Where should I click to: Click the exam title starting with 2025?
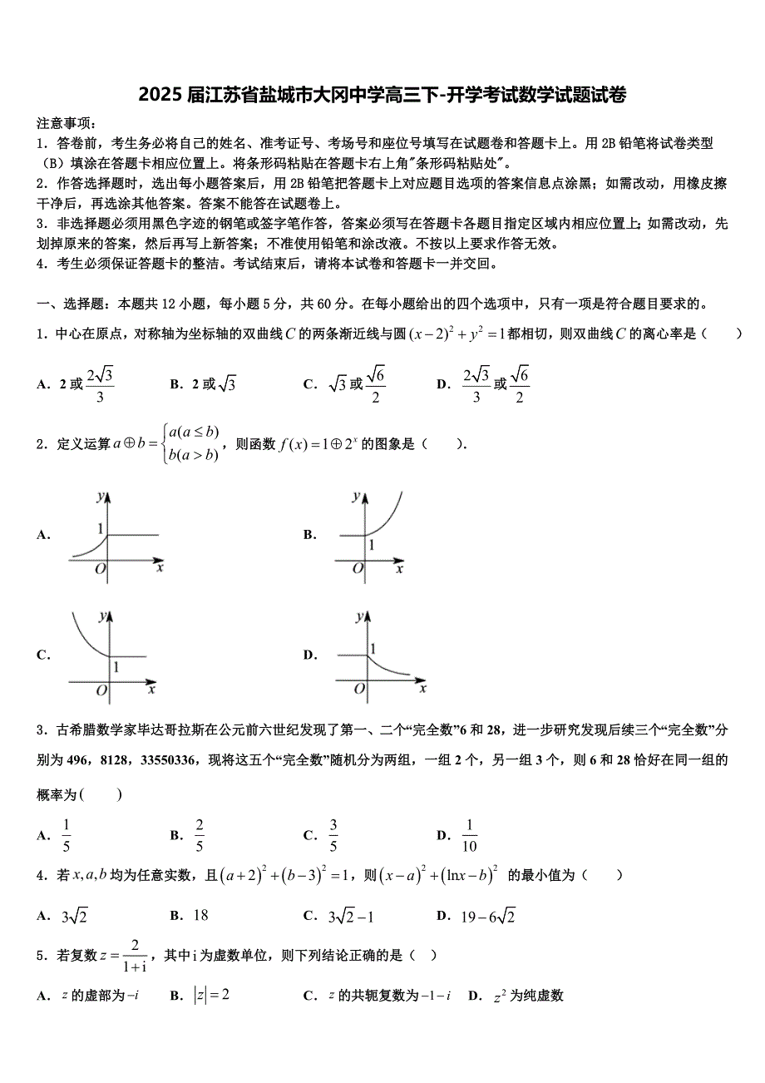pos(382,95)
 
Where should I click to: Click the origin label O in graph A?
pos(100,569)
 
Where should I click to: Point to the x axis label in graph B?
pos(399,569)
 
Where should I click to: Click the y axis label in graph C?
pos(101,616)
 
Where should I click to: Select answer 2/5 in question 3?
pos(200,835)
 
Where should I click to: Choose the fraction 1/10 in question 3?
pos(469,835)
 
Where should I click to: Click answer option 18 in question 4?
pos(200,916)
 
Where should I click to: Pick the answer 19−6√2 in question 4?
pos(488,916)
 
